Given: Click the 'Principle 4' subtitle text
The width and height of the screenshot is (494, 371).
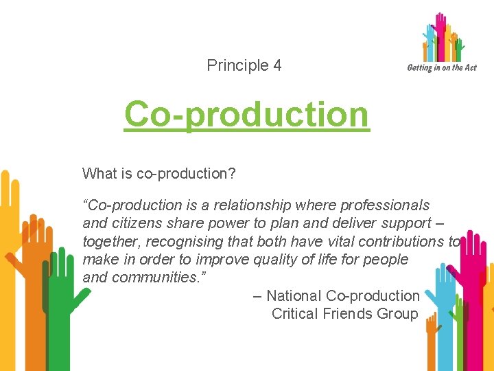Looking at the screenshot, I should coord(244,66).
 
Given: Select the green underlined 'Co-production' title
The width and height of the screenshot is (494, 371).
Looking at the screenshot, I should coord(246,115).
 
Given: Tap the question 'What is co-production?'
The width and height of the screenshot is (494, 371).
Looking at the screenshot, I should coord(158,174).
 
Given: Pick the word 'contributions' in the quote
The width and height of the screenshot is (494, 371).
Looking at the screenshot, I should coord(402,241).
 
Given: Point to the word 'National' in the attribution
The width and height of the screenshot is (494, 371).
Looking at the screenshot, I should coord(294,296).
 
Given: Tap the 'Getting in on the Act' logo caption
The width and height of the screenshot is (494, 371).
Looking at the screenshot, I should coord(441,67).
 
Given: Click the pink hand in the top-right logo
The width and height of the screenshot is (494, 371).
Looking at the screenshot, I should coord(440,34).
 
